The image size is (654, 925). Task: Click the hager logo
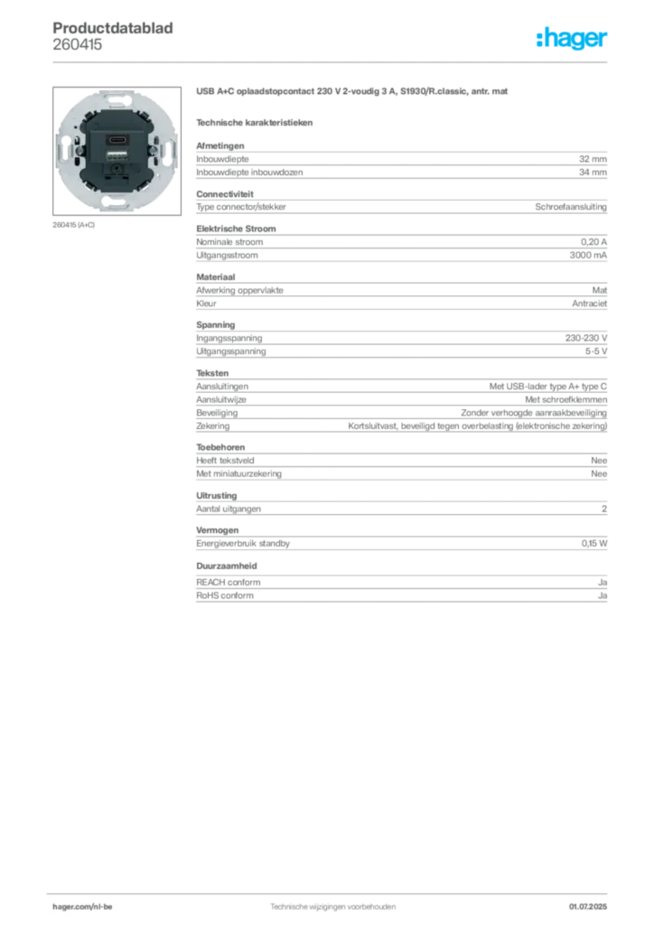tap(571, 38)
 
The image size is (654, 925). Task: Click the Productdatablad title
tap(113, 28)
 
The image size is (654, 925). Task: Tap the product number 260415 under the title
tap(78, 44)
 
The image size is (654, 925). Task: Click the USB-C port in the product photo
tap(117, 140)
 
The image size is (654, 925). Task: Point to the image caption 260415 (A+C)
tap(74, 225)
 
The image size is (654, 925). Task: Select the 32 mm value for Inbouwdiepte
tap(593, 159)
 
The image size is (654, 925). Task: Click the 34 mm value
tap(593, 173)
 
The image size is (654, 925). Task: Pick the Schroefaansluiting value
tap(571, 207)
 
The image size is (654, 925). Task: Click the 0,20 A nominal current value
tap(593, 242)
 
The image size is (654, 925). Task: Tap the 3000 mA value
tap(588, 256)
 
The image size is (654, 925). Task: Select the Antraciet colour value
tap(589, 304)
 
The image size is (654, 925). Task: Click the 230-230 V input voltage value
tap(586, 338)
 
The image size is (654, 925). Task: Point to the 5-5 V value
tap(596, 351)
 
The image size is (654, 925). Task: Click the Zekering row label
tap(213, 426)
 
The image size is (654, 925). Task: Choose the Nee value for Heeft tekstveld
tap(599, 460)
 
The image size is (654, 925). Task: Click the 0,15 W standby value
tap(594, 543)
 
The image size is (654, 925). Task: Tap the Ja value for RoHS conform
tap(603, 596)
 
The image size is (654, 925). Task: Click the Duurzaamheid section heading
tap(227, 565)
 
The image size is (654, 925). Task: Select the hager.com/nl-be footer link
tap(82, 906)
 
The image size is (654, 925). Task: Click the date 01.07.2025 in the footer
tap(588, 906)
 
